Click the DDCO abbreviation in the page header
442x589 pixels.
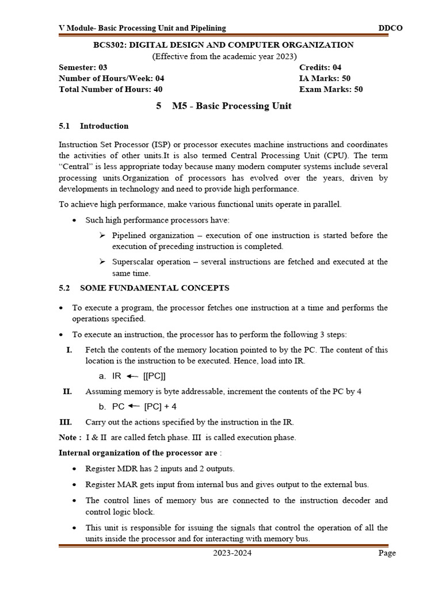[x=380, y=28]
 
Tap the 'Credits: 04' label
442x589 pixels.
[x=320, y=67]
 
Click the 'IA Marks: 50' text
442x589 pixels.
[x=325, y=78]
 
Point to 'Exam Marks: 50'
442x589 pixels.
[x=331, y=89]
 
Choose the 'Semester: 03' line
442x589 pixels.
[x=83, y=67]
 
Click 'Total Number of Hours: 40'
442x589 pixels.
[x=110, y=89]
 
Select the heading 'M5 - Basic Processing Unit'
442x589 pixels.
[x=231, y=106]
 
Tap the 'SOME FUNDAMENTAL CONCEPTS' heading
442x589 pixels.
[x=154, y=288]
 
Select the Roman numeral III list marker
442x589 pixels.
[x=65, y=422]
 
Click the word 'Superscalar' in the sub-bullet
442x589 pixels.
[x=134, y=262]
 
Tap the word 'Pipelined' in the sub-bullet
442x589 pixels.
[x=129, y=235]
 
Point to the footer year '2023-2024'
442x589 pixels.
[x=232, y=553]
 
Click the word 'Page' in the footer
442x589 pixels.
[x=387, y=553]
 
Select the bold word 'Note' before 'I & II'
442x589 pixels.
[x=68, y=437]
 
